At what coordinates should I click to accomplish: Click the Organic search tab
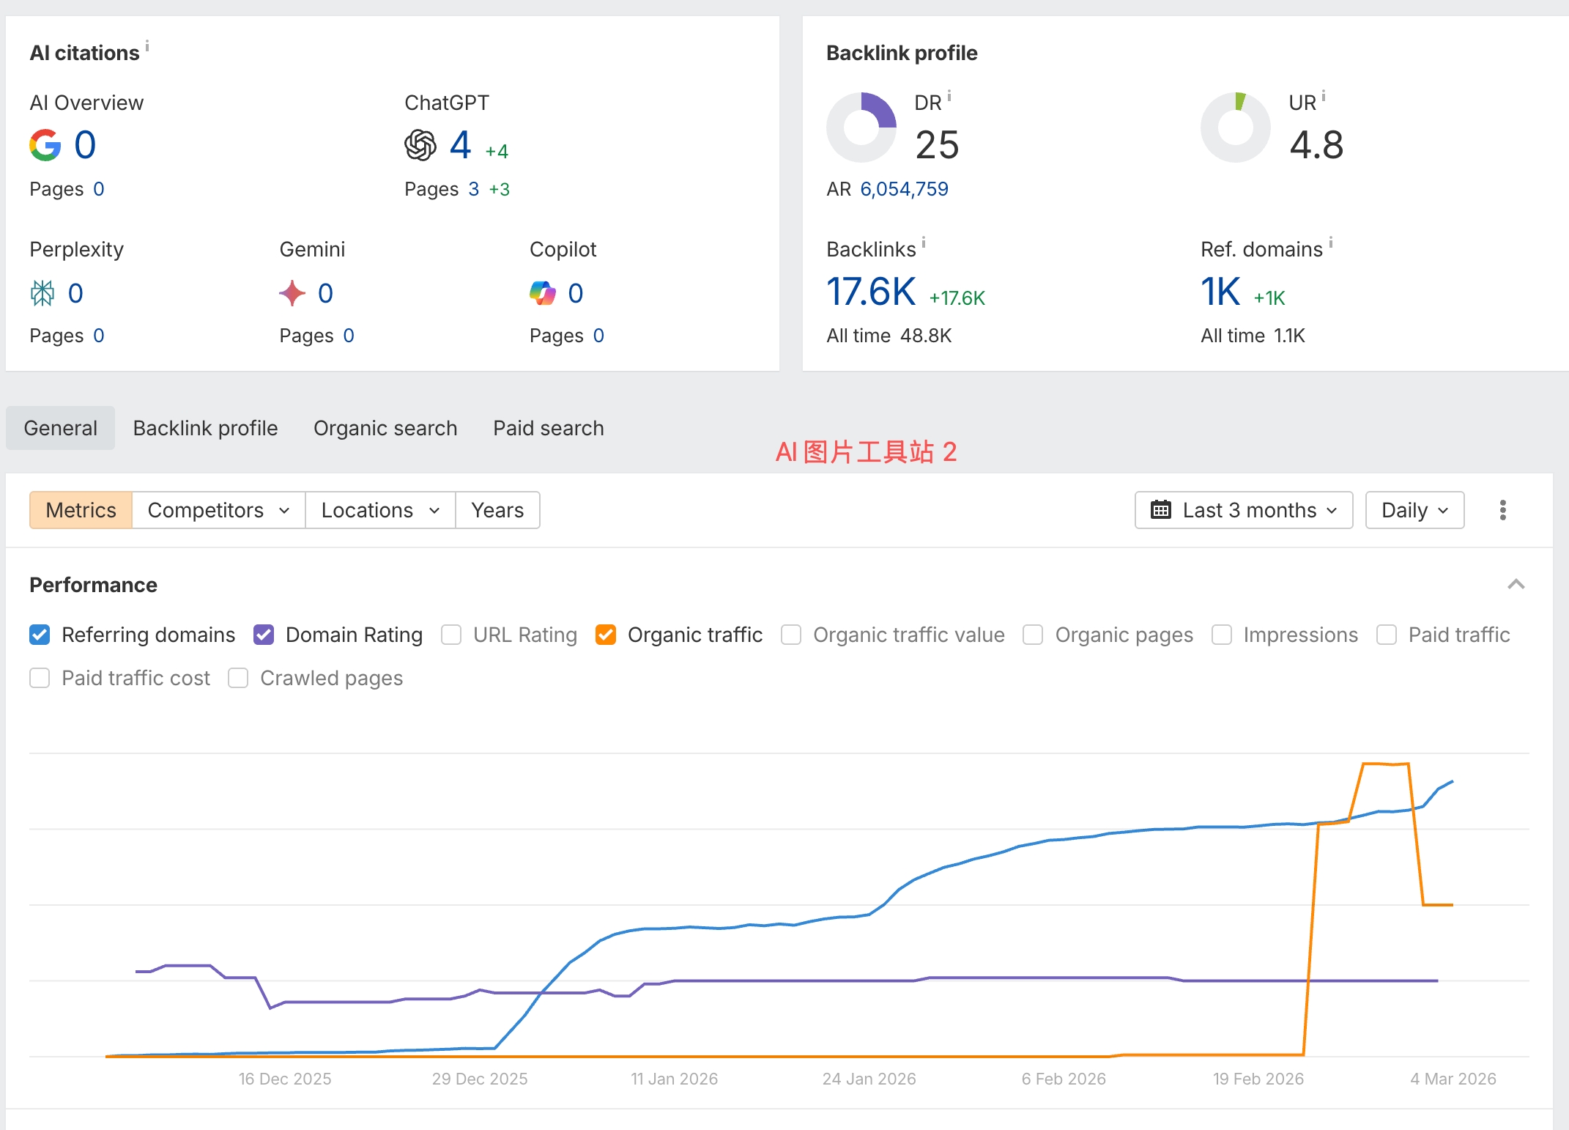tap(385, 428)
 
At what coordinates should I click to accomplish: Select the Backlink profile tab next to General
tap(205, 428)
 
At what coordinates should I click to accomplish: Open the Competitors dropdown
tap(218, 510)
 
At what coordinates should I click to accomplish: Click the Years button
tap(497, 510)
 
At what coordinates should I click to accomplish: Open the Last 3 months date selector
tap(1244, 510)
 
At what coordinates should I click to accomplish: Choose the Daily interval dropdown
tap(1414, 510)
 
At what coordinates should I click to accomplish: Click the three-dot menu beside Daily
tap(1503, 510)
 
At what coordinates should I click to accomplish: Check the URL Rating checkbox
tap(451, 635)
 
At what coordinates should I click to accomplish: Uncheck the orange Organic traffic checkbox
tap(606, 635)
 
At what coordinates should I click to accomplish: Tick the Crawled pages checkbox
tap(238, 678)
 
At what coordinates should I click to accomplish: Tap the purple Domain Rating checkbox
tap(264, 635)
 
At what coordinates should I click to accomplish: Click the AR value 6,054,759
tap(904, 189)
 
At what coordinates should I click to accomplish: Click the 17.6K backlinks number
tap(871, 292)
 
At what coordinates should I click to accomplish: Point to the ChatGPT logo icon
tap(420, 145)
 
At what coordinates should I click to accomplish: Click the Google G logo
tap(45, 145)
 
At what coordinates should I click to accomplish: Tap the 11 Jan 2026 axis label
tap(674, 1079)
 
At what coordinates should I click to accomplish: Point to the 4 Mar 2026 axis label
tap(1453, 1079)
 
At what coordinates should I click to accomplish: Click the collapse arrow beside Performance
tap(1516, 585)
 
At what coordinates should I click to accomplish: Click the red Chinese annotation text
tap(866, 452)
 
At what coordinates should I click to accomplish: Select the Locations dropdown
tap(380, 510)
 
